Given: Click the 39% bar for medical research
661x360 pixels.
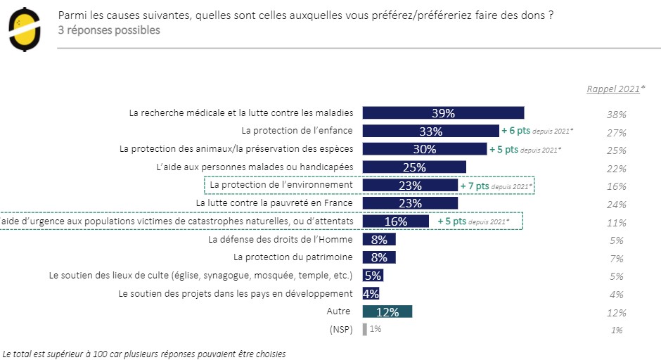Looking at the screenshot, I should coord(443,112).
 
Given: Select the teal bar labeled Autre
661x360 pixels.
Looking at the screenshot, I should coord(387,311).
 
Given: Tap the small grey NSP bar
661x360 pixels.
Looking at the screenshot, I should coord(364,329).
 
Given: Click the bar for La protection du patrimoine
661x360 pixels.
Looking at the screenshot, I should coord(379,257).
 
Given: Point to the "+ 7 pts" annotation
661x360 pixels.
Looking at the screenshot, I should coord(476,186).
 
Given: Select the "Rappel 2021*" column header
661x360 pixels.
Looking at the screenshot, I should coord(613,89).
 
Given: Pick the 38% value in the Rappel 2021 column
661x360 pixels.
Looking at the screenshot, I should coord(617,114).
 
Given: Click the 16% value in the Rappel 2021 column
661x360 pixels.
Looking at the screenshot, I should coord(617,186).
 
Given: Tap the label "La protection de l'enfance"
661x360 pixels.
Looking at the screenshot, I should coord(297,131).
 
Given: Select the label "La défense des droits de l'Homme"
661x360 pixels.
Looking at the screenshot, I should coord(281,239).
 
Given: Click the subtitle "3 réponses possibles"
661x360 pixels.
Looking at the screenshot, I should coord(109,30).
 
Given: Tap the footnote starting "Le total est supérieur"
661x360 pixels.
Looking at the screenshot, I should coord(144,354).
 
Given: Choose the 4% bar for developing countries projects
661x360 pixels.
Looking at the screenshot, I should coord(371,293).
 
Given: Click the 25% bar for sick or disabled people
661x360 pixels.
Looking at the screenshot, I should coord(414,167).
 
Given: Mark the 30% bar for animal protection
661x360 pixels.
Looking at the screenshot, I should coord(424,149).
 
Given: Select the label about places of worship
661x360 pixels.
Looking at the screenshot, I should coord(200,276).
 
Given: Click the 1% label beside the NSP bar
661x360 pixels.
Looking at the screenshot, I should coord(376,329).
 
